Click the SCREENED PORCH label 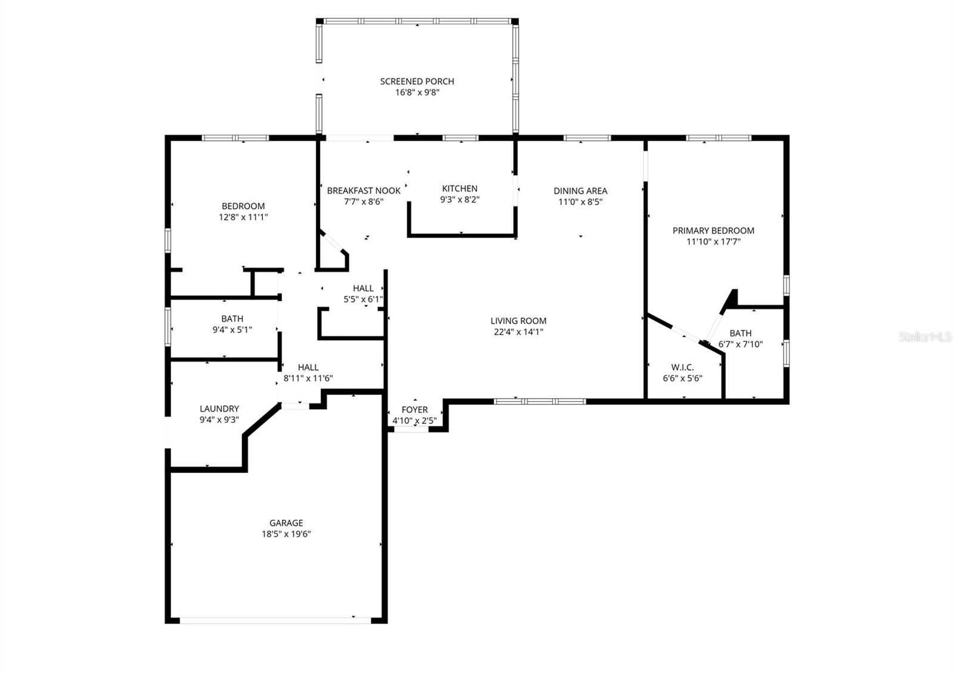pyautogui.click(x=417, y=81)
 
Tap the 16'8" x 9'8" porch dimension pyautogui.click(x=417, y=92)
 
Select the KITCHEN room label pyautogui.click(x=459, y=188)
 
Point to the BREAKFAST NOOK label pyautogui.click(x=364, y=191)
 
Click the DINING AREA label pyautogui.click(x=580, y=191)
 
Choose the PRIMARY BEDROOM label pyautogui.click(x=713, y=230)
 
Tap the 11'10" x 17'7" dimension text pyautogui.click(x=713, y=242)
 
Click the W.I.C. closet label pyautogui.click(x=682, y=367)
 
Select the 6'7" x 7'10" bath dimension pyautogui.click(x=741, y=344)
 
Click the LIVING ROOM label pyautogui.click(x=518, y=321)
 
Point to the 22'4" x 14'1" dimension pyautogui.click(x=518, y=332)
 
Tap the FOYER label pyautogui.click(x=414, y=410)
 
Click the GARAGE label pyautogui.click(x=286, y=523)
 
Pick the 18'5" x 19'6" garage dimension pyautogui.click(x=286, y=534)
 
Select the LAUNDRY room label pyautogui.click(x=219, y=409)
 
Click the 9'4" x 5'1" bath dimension pyautogui.click(x=232, y=329)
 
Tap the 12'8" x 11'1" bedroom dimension pyautogui.click(x=243, y=217)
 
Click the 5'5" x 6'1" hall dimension pyautogui.click(x=363, y=300)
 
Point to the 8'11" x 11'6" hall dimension pyautogui.click(x=308, y=378)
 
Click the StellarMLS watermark pyautogui.click(x=925, y=338)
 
